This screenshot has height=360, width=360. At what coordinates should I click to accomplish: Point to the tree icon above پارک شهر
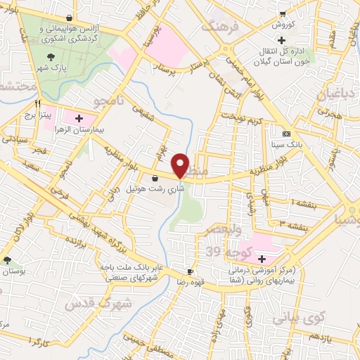[x=51, y=58]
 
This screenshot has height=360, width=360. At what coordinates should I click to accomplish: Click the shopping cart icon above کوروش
[x=282, y=13]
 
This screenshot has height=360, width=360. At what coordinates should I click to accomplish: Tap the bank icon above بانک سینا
[x=286, y=134]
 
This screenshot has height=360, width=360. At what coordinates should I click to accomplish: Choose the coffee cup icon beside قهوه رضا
[x=191, y=271]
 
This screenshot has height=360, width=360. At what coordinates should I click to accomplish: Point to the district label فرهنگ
[x=220, y=27]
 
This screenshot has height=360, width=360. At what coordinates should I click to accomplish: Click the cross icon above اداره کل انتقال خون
[x=281, y=41]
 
